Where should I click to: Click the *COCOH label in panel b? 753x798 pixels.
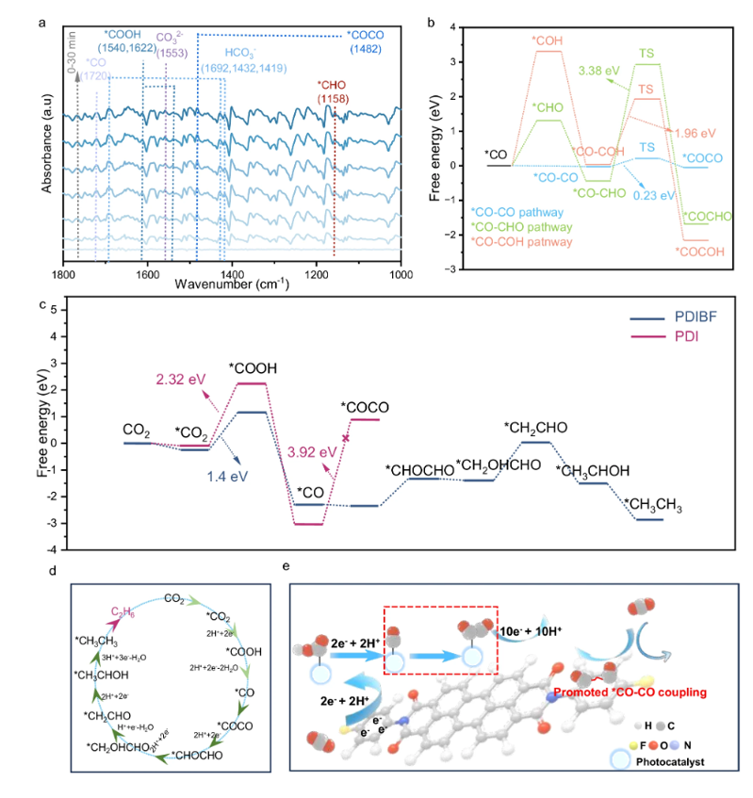(x=699, y=252)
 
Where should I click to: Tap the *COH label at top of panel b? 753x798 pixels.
(x=548, y=41)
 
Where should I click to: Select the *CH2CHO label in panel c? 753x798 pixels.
(x=535, y=427)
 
